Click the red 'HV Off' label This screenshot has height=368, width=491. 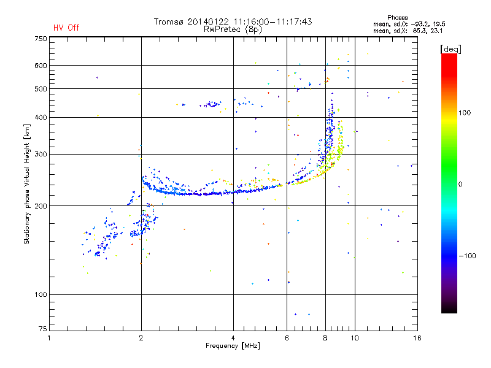click(66, 28)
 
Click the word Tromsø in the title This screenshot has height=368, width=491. click(169, 21)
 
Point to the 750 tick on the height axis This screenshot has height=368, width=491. click(41, 38)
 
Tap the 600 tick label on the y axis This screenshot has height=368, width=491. click(41, 66)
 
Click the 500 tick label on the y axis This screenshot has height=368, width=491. click(41, 89)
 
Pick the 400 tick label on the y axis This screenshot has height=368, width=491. click(41, 117)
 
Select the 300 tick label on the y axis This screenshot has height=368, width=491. click(41, 154)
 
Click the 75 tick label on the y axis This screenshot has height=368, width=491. click(42, 331)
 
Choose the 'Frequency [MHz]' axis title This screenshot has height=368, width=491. click(233, 347)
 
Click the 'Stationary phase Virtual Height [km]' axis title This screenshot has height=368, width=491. click(27, 184)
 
